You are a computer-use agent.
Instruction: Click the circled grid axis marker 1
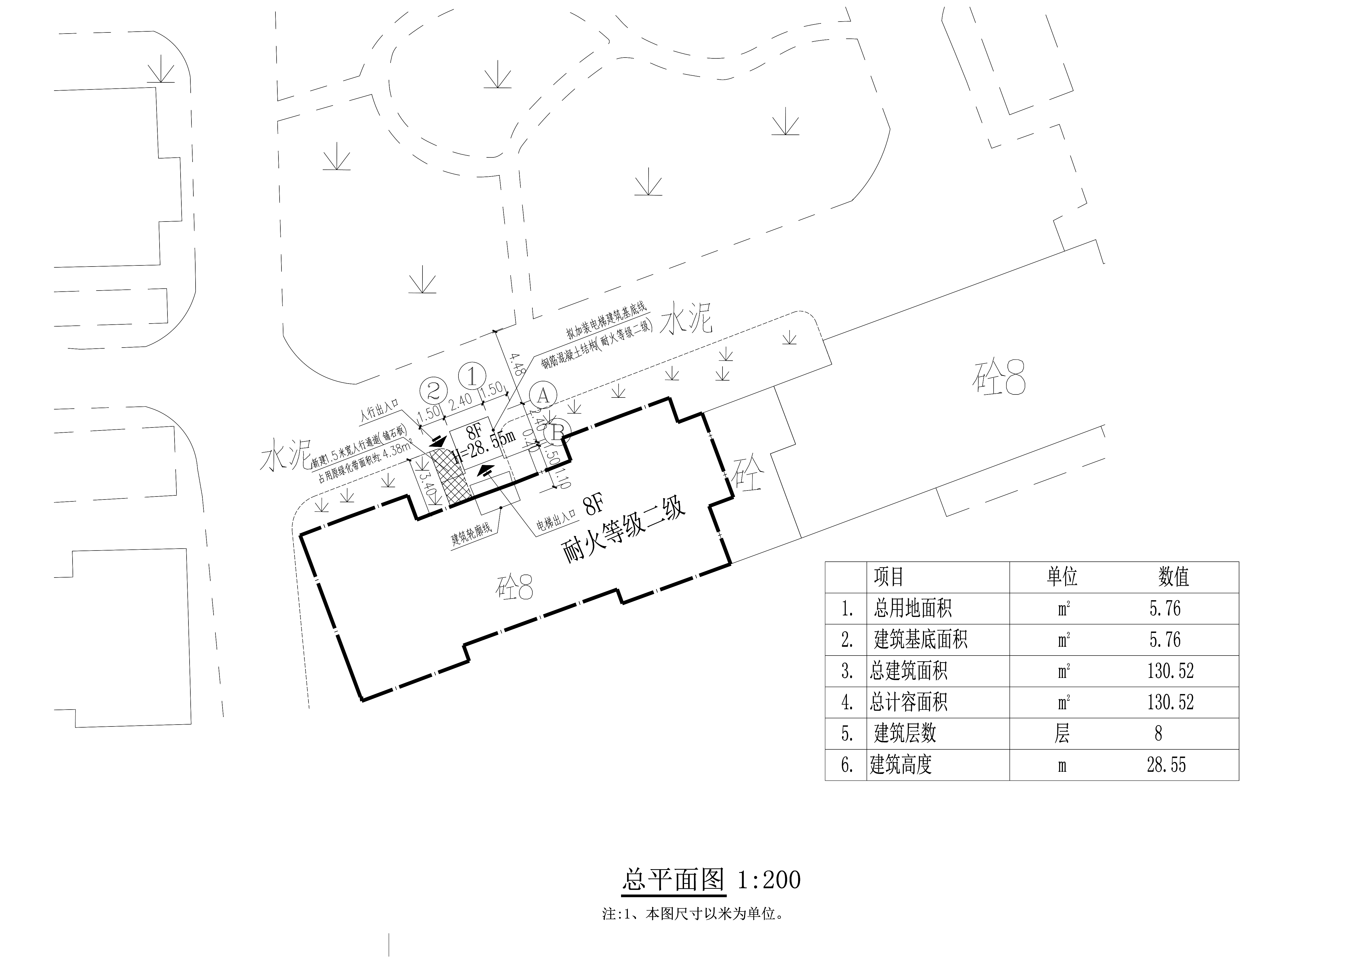(472, 376)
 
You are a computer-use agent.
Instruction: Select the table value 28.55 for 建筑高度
(1166, 765)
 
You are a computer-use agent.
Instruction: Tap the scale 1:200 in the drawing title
(769, 880)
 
